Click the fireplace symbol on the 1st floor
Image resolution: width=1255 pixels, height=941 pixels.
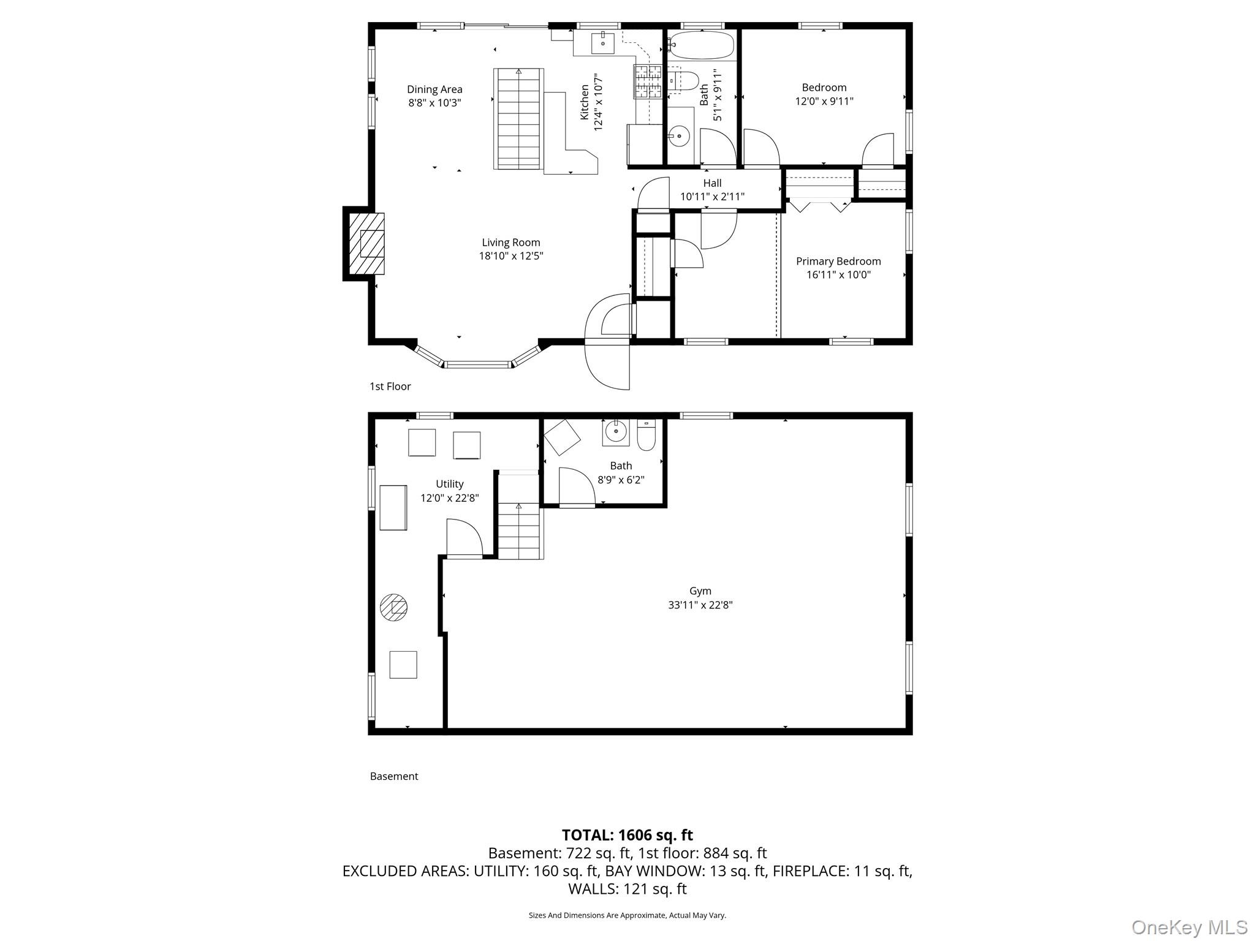[x=366, y=244]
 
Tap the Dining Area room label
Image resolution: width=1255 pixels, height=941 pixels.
[x=434, y=89]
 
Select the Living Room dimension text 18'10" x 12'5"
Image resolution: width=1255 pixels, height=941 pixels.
[x=511, y=256]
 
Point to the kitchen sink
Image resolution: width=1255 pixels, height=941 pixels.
[x=603, y=43]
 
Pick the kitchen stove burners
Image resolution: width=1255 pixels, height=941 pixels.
[x=648, y=82]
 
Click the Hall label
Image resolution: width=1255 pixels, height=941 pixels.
[x=712, y=183]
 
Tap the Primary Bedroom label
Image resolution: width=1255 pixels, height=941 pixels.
[x=838, y=262]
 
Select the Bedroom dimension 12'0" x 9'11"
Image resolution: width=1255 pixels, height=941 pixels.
[x=824, y=101]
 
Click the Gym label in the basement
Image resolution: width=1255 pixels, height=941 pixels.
[x=700, y=591]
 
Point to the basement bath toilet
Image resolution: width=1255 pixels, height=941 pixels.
[x=646, y=434]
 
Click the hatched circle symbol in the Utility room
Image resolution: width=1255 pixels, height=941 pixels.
[x=393, y=607]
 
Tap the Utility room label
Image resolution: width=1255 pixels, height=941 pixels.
[x=450, y=484]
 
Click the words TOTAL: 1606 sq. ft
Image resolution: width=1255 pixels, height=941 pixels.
[x=627, y=835]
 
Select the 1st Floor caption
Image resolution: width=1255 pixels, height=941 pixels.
[x=390, y=387]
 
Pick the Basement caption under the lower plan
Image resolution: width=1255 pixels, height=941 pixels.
[x=394, y=776]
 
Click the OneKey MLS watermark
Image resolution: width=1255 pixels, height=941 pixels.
[x=1189, y=928]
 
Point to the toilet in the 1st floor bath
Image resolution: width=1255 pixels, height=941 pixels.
[x=683, y=81]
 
